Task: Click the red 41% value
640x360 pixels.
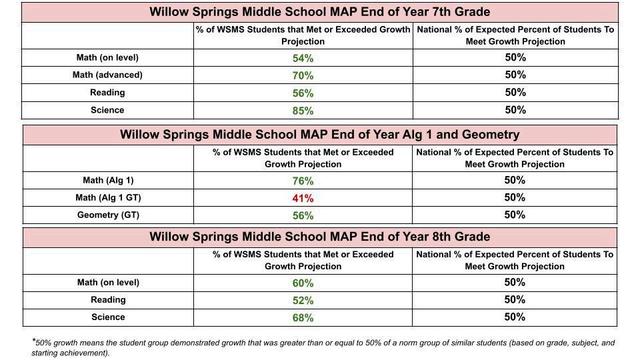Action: pyautogui.click(x=303, y=199)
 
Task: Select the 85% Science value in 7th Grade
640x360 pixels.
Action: pyautogui.click(x=303, y=111)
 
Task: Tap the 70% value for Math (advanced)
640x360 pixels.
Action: pyautogui.click(x=303, y=75)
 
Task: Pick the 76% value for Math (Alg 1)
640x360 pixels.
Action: pyautogui.click(x=303, y=181)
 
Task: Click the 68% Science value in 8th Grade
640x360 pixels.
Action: pyautogui.click(x=303, y=317)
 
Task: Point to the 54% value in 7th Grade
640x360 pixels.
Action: pyautogui.click(x=303, y=59)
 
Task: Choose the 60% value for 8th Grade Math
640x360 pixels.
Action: pyautogui.click(x=303, y=283)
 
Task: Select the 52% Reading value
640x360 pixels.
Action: pyautogui.click(x=303, y=301)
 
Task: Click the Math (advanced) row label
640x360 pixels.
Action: pyautogui.click(x=107, y=75)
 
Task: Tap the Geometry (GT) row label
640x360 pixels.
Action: pyautogui.click(x=108, y=215)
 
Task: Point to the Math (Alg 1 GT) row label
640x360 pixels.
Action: pyautogui.click(x=108, y=198)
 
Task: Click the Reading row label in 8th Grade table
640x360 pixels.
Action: pyautogui.click(x=108, y=299)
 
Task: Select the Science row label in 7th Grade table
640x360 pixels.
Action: pyautogui.click(x=107, y=110)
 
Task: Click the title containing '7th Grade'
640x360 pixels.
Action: pyautogui.click(x=319, y=12)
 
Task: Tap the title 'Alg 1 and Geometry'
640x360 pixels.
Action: pyautogui.click(x=319, y=135)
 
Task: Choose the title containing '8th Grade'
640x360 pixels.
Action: pyautogui.click(x=319, y=237)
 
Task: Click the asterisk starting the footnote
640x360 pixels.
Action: pyautogui.click(x=33, y=340)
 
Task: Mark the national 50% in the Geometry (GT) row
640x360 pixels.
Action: pyautogui.click(x=515, y=215)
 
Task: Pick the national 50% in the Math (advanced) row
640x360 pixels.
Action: pyautogui.click(x=515, y=75)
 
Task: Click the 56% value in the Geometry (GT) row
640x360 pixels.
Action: pyautogui.click(x=303, y=215)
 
